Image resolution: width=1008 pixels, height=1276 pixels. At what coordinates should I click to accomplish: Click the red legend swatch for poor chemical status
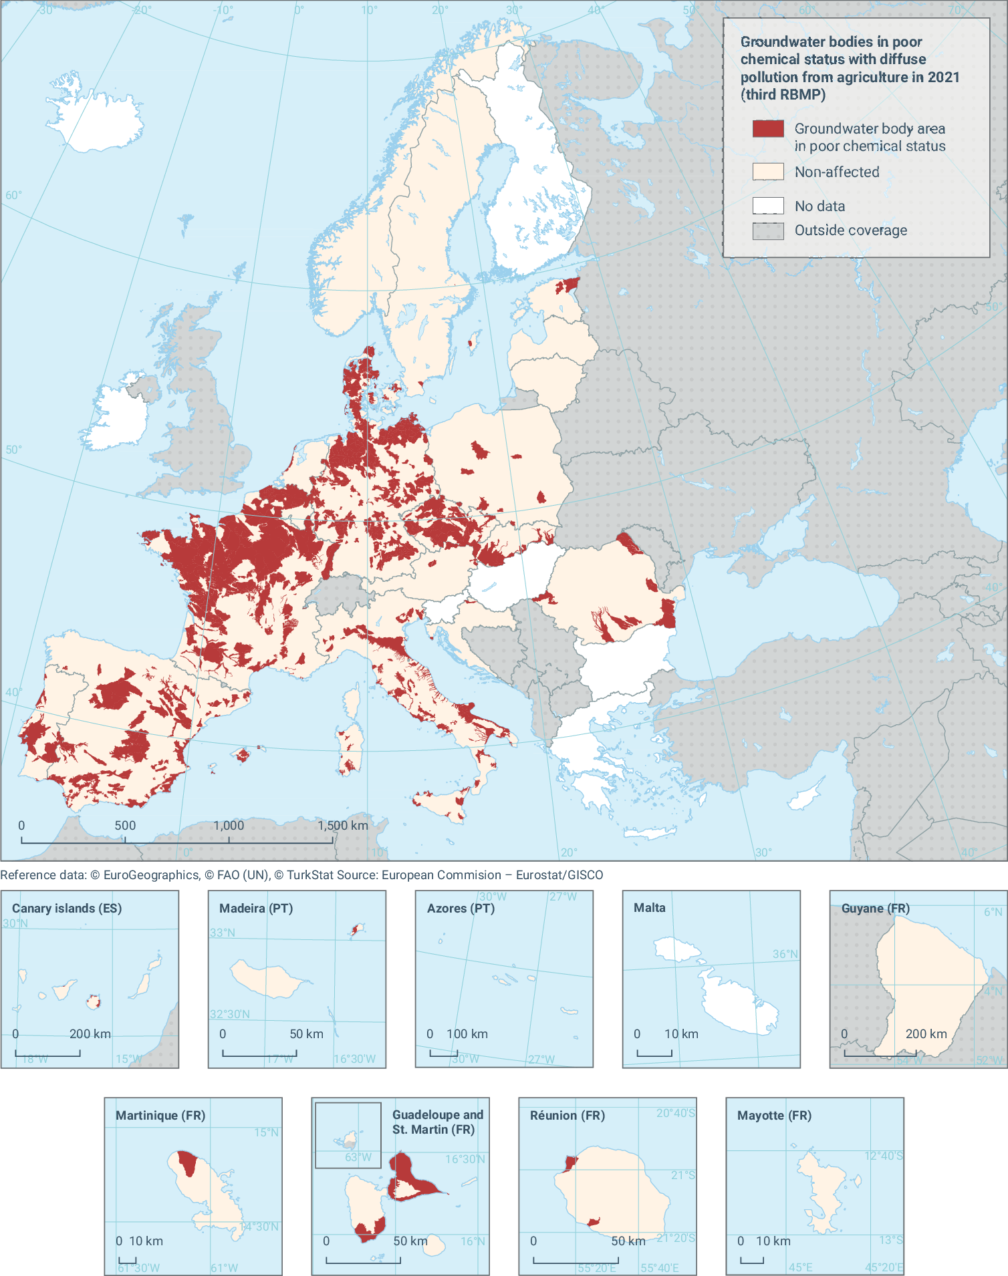click(768, 129)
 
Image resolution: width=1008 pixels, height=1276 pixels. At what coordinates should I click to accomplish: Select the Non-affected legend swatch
click(768, 172)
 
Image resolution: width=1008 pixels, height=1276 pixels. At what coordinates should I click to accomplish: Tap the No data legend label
click(820, 206)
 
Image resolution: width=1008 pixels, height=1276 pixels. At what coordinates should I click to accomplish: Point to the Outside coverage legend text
click(850, 230)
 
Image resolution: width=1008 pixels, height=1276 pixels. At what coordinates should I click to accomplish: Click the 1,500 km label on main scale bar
click(343, 826)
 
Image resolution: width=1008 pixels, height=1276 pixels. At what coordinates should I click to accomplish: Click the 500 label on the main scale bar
click(125, 826)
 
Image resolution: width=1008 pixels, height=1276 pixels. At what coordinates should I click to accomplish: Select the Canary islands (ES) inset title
click(67, 909)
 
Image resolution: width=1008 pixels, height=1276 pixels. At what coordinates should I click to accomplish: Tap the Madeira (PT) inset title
click(256, 909)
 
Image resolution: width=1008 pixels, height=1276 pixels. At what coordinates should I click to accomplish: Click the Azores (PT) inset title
click(461, 909)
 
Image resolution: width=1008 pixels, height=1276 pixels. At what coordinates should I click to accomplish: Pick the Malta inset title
click(649, 908)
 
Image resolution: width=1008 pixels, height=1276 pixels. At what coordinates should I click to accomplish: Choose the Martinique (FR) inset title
click(160, 1116)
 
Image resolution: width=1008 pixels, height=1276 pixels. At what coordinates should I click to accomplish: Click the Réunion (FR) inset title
click(567, 1116)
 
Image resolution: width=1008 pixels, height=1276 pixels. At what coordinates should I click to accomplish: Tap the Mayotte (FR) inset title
click(774, 1116)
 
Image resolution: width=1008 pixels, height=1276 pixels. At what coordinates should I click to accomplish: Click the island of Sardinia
click(350, 748)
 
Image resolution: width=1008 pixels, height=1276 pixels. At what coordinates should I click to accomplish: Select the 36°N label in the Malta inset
click(785, 954)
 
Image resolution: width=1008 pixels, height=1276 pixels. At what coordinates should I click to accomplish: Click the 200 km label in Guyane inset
click(926, 1034)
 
